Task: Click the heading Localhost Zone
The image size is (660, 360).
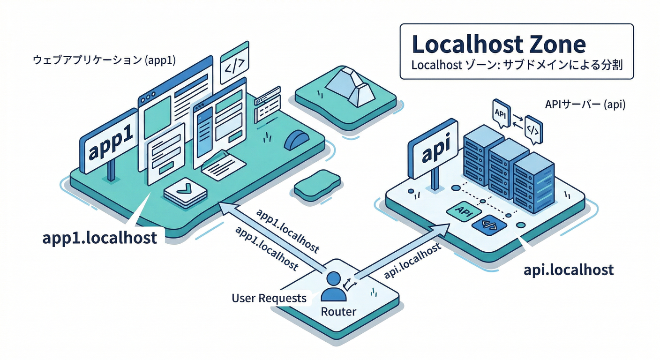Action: tap(498, 45)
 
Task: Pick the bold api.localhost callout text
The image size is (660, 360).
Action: tap(568, 270)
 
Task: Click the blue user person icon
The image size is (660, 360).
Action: tap(334, 287)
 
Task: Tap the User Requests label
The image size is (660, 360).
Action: tap(269, 298)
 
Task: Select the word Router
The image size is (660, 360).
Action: tap(338, 312)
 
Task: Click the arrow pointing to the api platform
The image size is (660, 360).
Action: tap(403, 251)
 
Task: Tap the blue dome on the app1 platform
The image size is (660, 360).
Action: tap(296, 140)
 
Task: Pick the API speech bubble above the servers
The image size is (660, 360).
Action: tap(500, 113)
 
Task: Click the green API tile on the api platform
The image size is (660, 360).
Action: tap(463, 211)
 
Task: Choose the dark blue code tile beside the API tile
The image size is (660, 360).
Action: tap(489, 226)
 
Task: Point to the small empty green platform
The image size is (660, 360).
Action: tap(316, 185)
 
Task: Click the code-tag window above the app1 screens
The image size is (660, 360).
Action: tap(234, 63)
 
